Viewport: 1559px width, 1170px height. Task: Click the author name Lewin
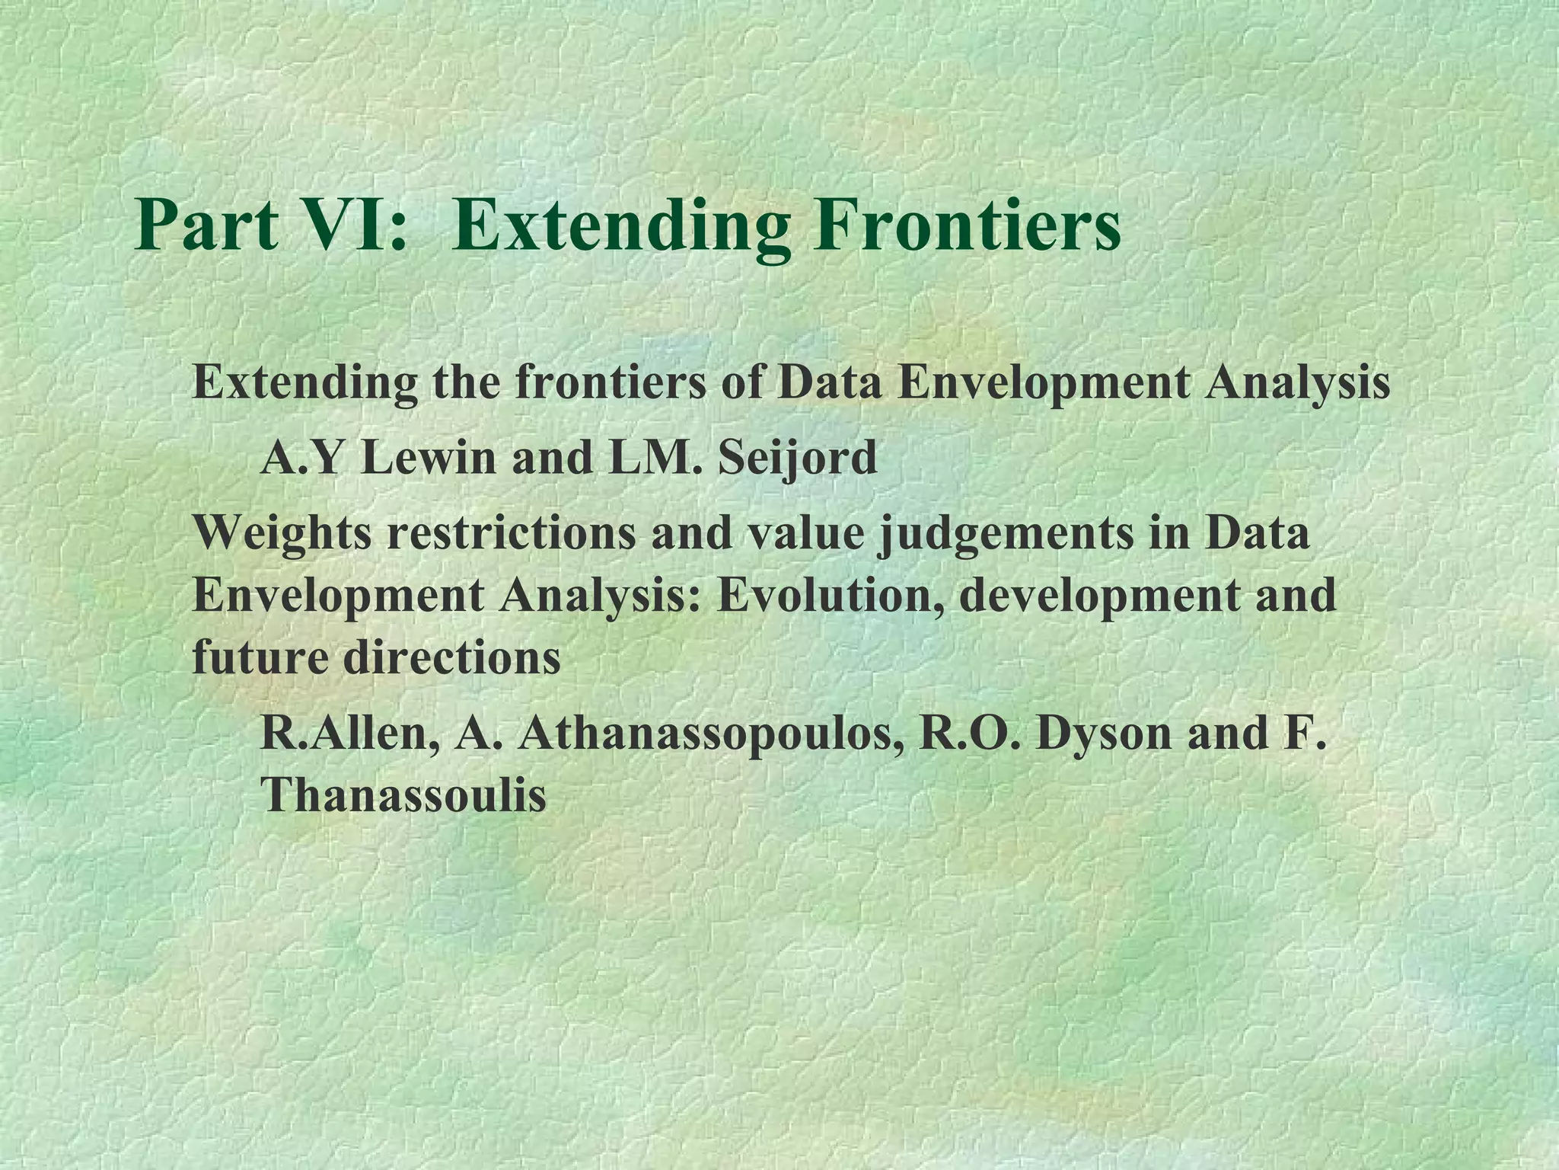coord(429,459)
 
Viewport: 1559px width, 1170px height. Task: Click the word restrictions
coord(511,533)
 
